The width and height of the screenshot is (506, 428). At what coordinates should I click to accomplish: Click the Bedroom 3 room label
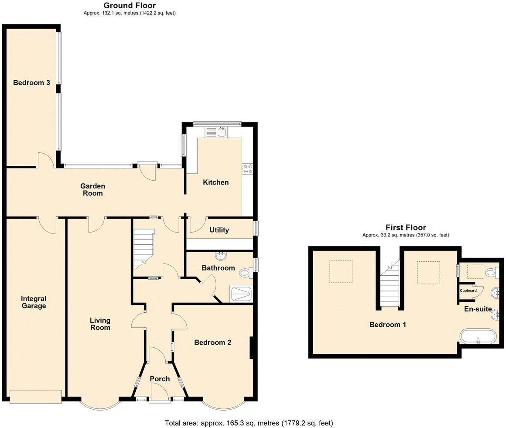click(31, 82)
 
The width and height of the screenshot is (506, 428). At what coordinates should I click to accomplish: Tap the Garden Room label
click(92, 189)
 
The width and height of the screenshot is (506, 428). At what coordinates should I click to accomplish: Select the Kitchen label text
click(215, 182)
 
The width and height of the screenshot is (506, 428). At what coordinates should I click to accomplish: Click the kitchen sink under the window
click(222, 131)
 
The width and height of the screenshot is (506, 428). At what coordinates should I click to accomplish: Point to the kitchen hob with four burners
click(248, 168)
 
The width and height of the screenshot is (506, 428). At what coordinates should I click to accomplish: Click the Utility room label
click(219, 230)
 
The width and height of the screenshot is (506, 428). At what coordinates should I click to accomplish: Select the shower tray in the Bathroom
click(241, 294)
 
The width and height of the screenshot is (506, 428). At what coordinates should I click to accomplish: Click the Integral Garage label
click(34, 302)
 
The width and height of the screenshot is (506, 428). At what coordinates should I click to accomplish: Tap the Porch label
click(160, 378)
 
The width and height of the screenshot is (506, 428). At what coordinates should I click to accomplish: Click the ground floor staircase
click(144, 251)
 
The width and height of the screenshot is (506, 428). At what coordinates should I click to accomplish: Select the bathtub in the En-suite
click(478, 337)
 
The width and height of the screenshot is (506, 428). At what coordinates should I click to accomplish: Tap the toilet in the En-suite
click(492, 273)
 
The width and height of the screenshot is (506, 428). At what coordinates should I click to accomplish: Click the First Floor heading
click(406, 227)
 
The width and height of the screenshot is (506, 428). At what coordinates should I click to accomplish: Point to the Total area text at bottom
click(249, 423)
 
